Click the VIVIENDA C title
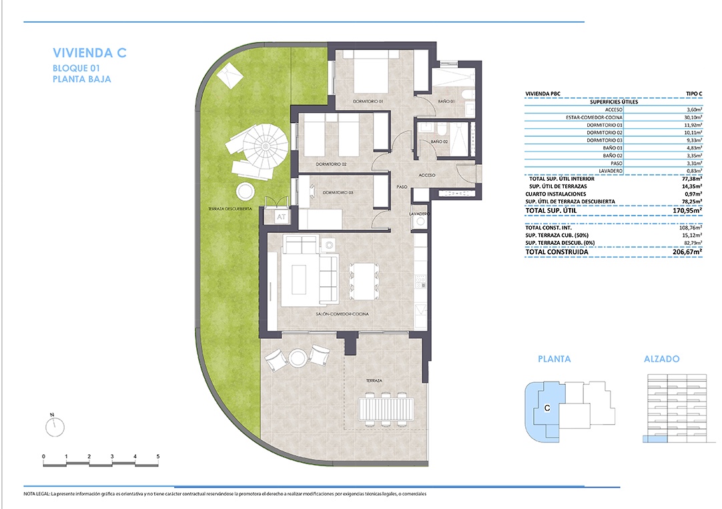[89, 53]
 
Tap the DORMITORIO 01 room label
[368, 101]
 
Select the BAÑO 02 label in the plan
[439, 141]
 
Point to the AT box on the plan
[281, 217]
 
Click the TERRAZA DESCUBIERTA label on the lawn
[230, 209]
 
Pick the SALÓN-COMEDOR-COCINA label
[342, 314]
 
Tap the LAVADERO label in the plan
[420, 214]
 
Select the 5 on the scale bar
[158, 456]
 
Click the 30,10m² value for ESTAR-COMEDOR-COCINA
[693, 117]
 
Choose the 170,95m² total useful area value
[687, 211]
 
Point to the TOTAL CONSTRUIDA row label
[557, 252]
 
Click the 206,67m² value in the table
[687, 252]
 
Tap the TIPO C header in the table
[694, 94]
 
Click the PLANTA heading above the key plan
[555, 359]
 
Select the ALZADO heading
[662, 359]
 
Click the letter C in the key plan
[547, 408]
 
